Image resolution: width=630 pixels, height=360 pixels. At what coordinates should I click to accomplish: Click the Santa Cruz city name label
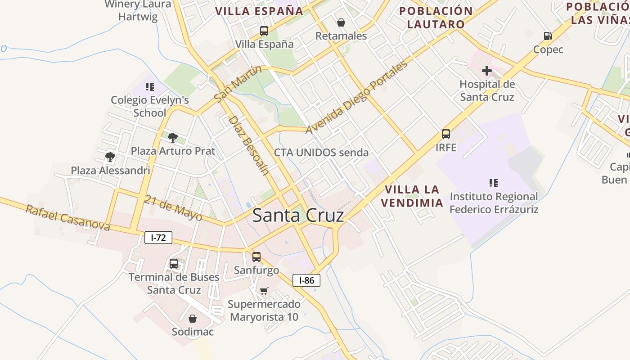(298, 215)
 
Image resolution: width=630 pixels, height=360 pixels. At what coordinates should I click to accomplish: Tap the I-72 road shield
(158, 238)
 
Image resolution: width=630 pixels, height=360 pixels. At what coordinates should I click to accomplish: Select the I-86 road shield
(306, 280)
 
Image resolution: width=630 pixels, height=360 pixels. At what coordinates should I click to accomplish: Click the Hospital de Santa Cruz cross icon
(486, 71)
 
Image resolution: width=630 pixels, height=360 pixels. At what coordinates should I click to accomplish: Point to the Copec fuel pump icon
(548, 36)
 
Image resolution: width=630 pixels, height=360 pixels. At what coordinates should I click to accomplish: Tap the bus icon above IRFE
(445, 134)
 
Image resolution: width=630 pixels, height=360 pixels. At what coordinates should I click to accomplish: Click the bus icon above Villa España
(264, 31)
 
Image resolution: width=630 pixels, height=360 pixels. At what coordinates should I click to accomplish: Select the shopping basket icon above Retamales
(341, 22)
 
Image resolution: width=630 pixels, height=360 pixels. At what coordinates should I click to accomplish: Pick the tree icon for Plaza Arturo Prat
(172, 138)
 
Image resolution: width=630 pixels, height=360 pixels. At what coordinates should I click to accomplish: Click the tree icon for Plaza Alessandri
(110, 157)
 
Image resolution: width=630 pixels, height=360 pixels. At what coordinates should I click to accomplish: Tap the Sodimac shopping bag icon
(193, 319)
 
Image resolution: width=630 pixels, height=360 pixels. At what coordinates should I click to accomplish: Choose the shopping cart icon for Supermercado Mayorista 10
(264, 291)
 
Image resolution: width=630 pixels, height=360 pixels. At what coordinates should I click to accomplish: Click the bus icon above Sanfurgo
(256, 257)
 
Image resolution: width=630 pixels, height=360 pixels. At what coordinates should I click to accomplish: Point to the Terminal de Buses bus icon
(174, 264)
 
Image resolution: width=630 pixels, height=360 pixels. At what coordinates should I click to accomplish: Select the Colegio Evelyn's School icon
(149, 86)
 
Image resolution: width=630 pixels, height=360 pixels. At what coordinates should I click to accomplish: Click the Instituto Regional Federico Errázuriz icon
(494, 183)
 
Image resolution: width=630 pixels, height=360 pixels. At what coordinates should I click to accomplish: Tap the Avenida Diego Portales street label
(357, 97)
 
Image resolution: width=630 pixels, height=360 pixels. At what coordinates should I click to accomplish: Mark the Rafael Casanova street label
(67, 218)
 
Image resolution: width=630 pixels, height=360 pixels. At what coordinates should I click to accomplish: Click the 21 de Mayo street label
(173, 207)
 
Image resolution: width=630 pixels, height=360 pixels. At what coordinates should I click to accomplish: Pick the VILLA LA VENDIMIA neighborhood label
(412, 196)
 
